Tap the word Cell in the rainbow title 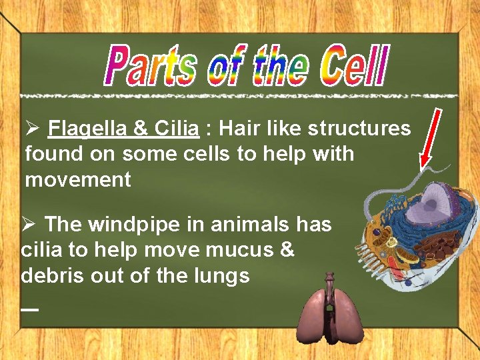(353, 65)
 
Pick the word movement (78, 179)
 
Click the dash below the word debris (29, 309)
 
